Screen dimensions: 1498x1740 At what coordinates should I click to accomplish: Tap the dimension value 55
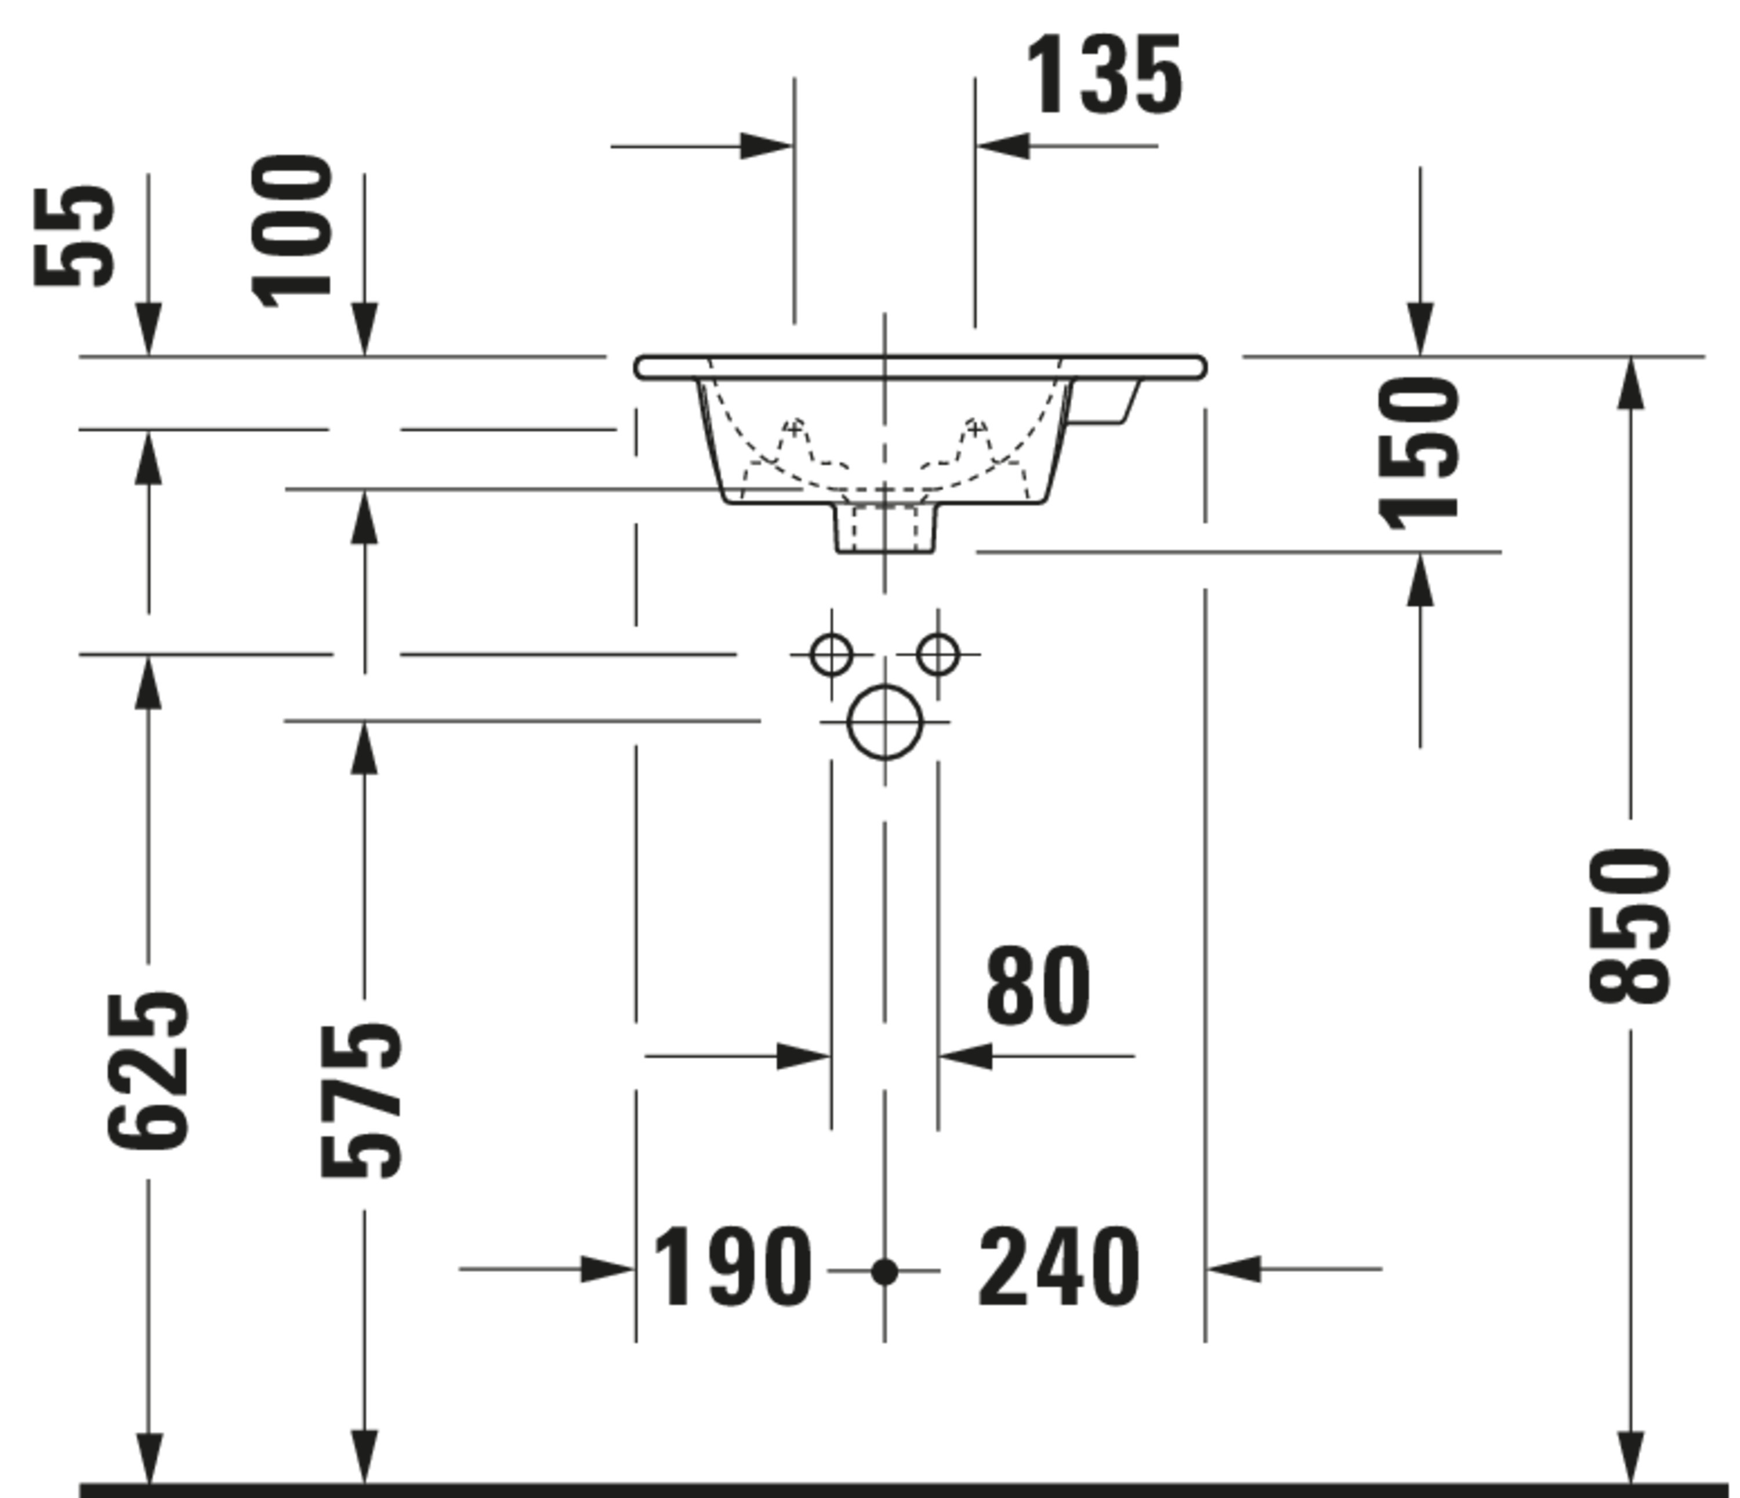tap(74, 236)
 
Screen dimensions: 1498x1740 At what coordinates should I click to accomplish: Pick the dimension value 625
tap(148, 1071)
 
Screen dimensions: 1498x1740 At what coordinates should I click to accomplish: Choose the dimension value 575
tap(362, 1101)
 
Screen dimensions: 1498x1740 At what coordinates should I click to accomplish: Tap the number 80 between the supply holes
tap(1038, 986)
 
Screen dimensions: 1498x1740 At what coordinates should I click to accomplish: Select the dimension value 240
tap(1059, 1269)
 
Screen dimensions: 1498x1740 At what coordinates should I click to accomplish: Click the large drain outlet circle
tap(885, 722)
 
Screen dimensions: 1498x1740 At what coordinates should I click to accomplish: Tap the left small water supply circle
tap(831, 654)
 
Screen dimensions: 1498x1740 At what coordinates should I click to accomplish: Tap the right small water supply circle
tap(938, 654)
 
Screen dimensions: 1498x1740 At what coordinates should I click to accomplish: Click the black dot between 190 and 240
tap(884, 1272)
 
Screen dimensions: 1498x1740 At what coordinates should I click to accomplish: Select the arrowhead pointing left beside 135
tap(1003, 146)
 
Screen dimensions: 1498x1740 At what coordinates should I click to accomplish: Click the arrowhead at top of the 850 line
tap(1630, 382)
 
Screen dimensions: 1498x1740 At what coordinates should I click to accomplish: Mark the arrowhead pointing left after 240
tap(1234, 1269)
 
